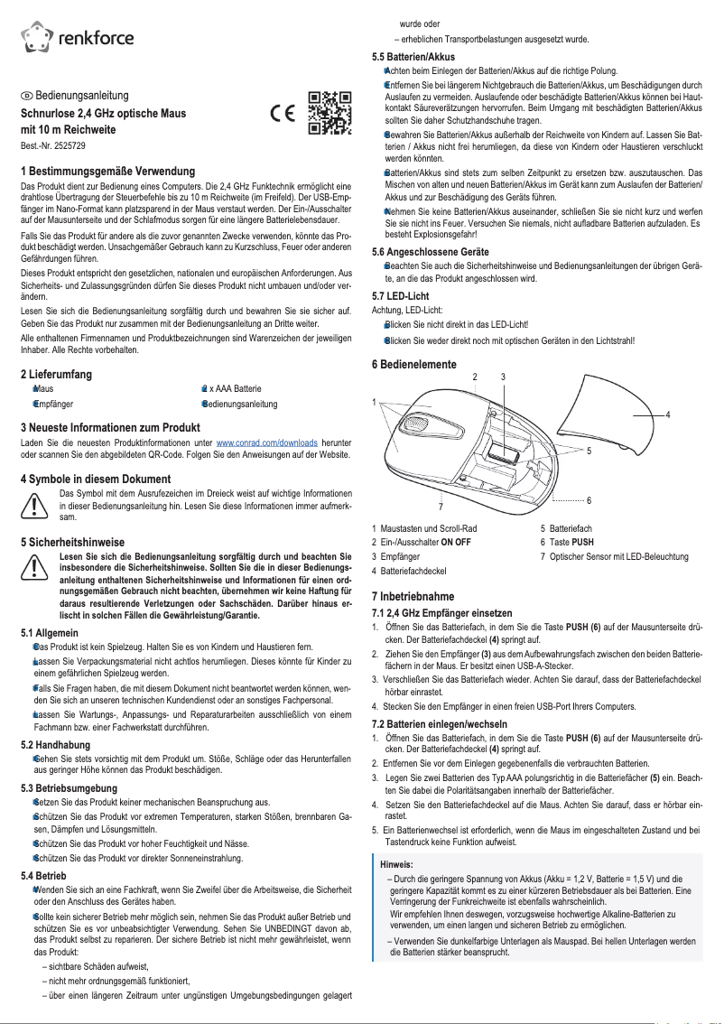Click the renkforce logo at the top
pos(78,36)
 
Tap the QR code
pos(329,113)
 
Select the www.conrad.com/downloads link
pos(266,443)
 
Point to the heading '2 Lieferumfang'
pos(56,374)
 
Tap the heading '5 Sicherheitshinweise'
pos(72,543)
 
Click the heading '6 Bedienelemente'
pos(414,365)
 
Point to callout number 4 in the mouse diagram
pos(667,414)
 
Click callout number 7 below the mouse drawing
pos(440,507)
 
